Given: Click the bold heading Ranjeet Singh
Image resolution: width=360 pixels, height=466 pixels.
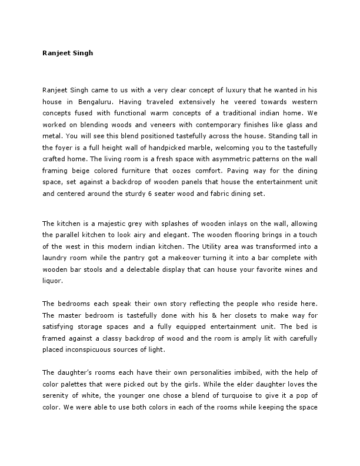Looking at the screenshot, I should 68,52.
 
